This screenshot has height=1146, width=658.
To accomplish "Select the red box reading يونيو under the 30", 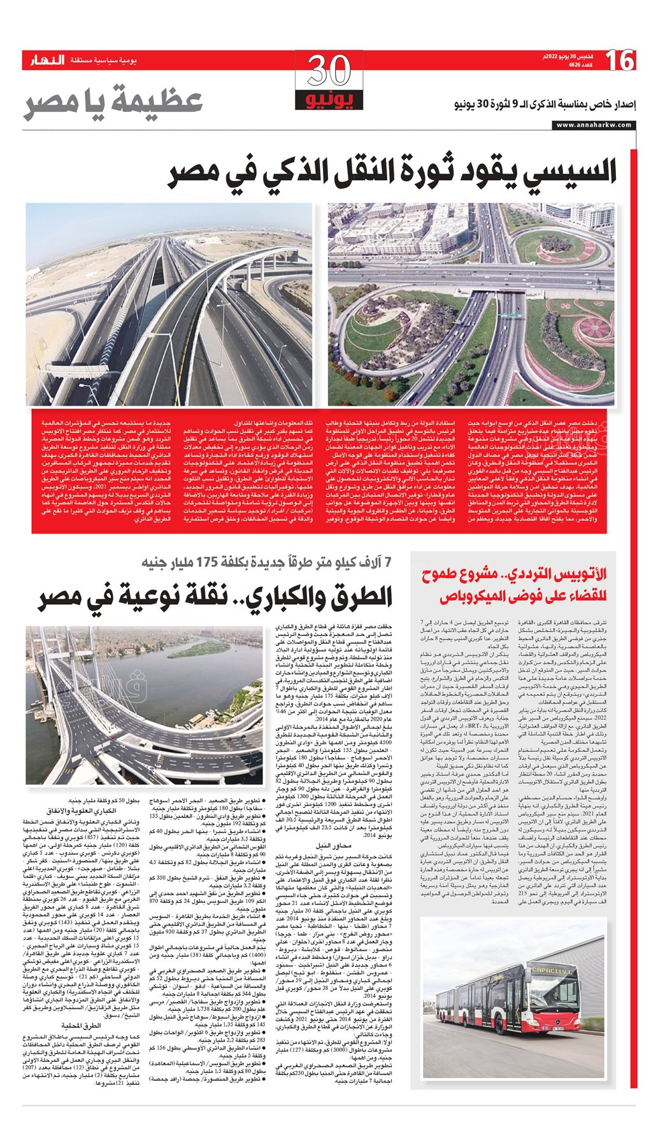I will point(329,100).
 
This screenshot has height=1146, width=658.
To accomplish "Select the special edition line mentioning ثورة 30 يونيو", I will point(545,104).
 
